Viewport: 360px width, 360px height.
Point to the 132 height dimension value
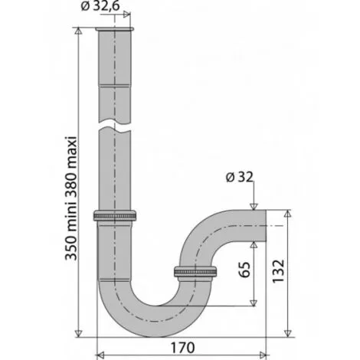279,270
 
